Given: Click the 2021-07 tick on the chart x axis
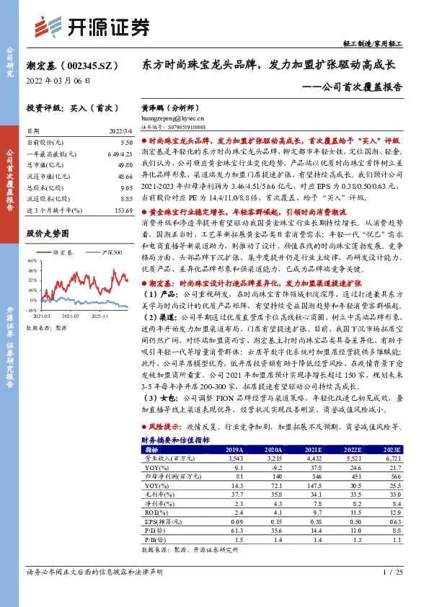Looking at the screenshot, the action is click(70, 314).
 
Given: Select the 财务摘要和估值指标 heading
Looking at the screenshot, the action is click(175, 439).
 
